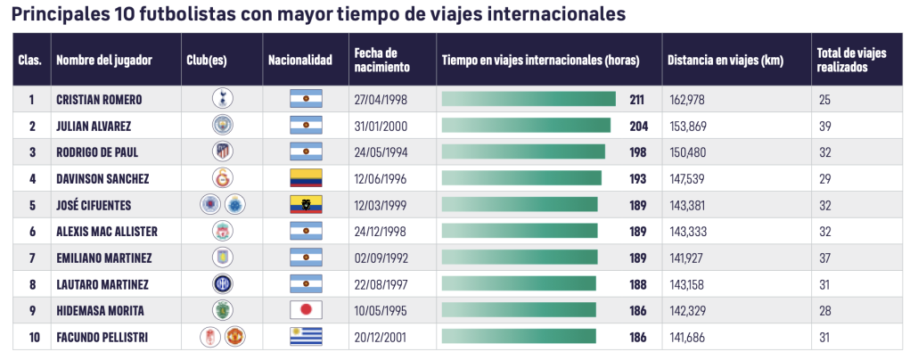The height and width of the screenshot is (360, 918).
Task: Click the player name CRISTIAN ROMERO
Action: click(x=99, y=99)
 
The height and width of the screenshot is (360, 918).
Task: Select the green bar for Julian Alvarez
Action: click(x=526, y=126)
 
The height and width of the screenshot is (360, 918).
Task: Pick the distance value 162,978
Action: click(x=692, y=99)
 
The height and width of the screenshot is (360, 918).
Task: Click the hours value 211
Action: click(x=636, y=99)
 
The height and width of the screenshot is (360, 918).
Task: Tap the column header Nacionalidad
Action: click(x=300, y=60)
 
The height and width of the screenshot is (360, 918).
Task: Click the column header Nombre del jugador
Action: click(x=104, y=60)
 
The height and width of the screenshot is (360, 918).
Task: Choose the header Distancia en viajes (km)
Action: click(x=725, y=60)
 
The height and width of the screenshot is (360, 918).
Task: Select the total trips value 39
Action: click(x=825, y=126)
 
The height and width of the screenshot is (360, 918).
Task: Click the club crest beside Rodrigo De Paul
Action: click(x=222, y=152)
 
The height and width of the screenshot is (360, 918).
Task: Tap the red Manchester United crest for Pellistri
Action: click(x=234, y=337)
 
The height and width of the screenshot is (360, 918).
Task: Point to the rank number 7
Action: click(x=32, y=258)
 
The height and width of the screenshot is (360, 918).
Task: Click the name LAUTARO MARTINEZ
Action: click(x=102, y=284)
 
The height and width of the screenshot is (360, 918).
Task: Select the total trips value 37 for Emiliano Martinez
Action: click(x=825, y=258)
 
